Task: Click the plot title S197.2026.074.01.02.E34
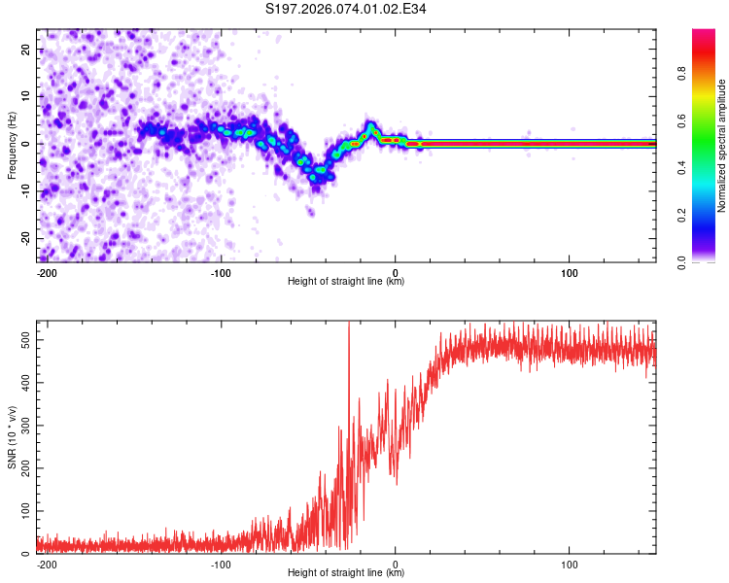click(346, 10)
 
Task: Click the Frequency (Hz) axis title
click(12, 146)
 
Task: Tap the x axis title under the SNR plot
click(346, 573)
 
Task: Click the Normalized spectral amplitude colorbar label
click(722, 146)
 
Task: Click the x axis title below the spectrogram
click(346, 282)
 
